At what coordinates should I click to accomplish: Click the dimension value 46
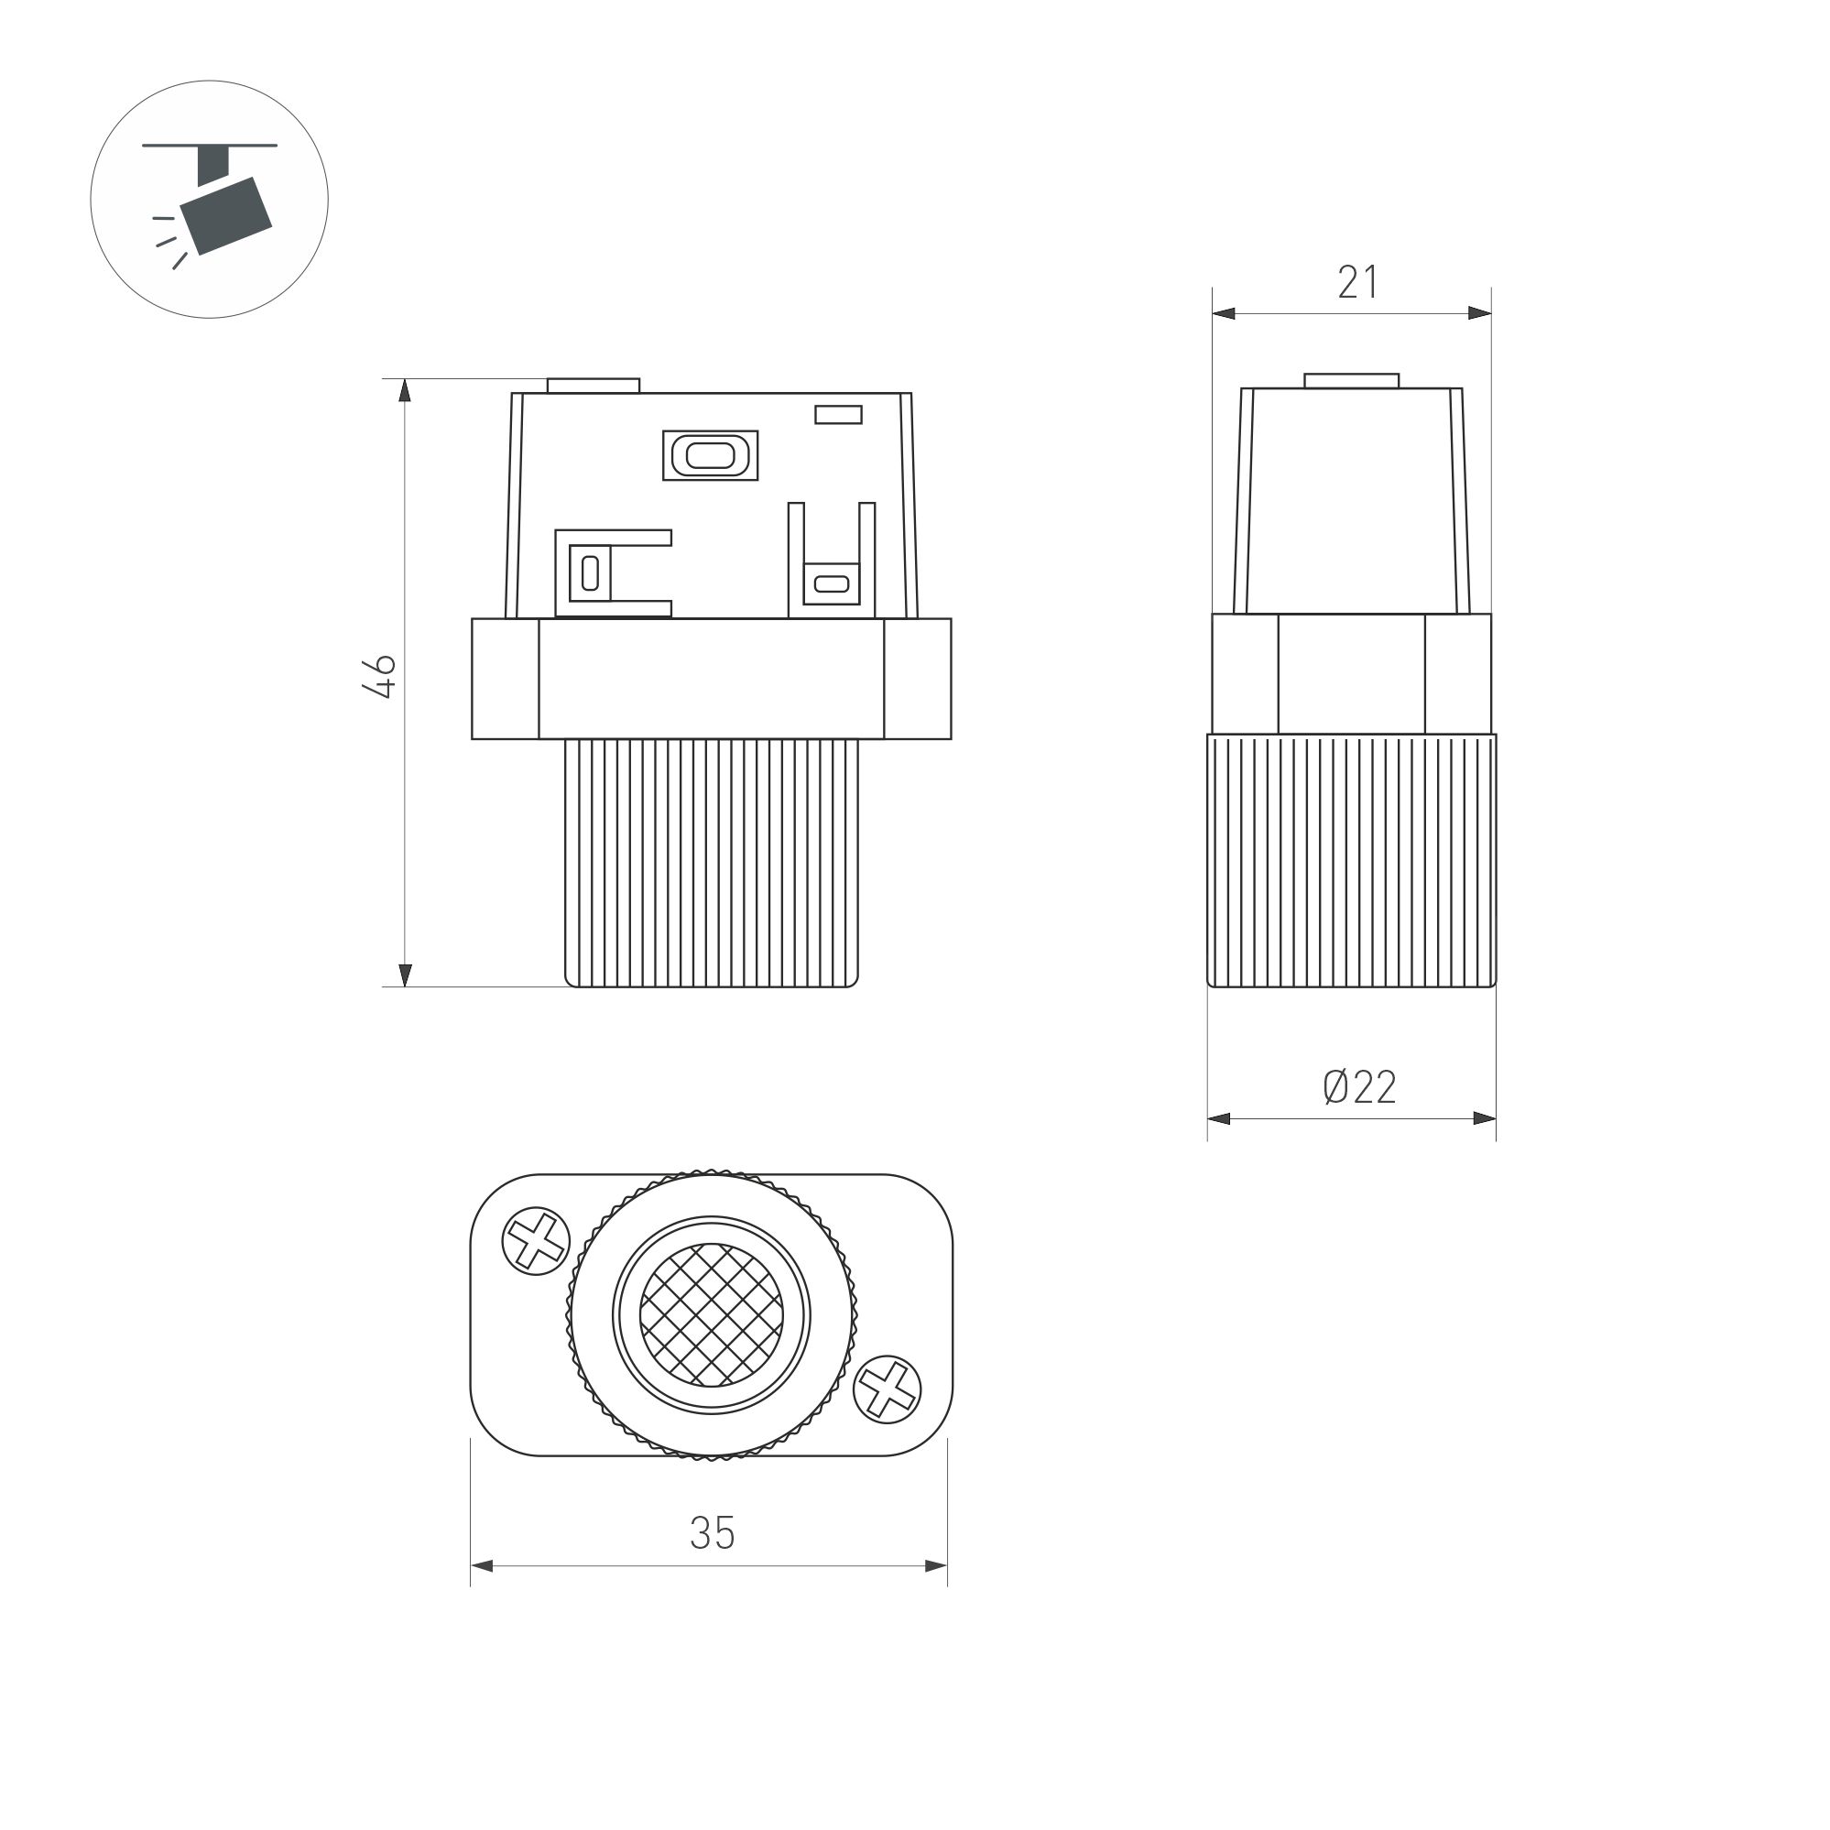click(380, 676)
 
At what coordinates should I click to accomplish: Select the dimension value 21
click(1357, 282)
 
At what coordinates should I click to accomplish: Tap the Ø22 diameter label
click(1359, 1087)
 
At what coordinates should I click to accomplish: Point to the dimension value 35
click(713, 1533)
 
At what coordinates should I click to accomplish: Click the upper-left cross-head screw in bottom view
click(535, 1241)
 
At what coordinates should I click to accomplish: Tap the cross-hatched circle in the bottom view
click(712, 1314)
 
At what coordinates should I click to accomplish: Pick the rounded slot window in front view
click(711, 455)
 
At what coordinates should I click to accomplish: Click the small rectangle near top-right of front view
click(838, 415)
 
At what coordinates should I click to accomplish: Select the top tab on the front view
click(593, 386)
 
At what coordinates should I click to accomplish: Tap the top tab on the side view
click(1351, 381)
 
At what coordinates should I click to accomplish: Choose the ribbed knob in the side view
click(1352, 860)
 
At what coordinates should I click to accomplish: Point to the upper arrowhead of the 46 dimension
click(406, 391)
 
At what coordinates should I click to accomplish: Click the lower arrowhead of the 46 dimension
click(406, 975)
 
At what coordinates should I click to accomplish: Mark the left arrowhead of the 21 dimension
click(1224, 313)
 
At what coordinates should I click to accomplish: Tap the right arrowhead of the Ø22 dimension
click(1485, 1118)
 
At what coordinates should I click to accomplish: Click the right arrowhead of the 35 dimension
click(936, 1565)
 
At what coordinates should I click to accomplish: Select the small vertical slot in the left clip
click(590, 573)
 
